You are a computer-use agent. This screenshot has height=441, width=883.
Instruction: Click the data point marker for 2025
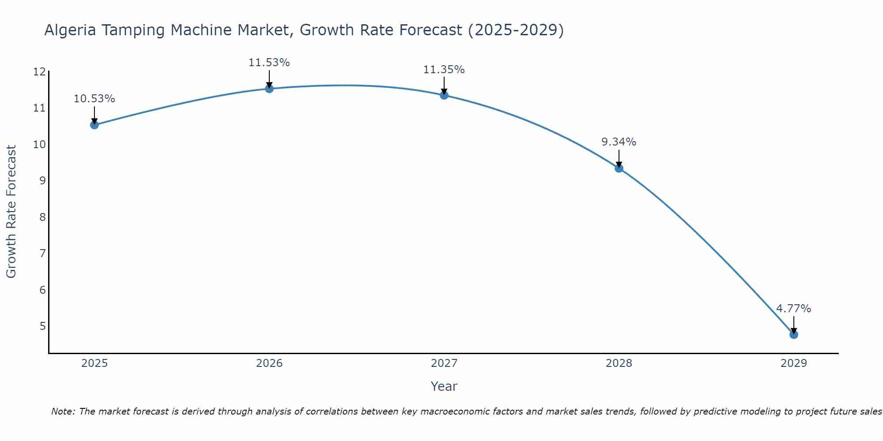point(94,125)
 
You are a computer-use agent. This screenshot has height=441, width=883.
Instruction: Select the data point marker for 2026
point(269,89)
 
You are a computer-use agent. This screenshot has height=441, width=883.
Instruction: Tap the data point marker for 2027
point(444,95)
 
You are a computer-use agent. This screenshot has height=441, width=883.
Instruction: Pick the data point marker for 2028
point(619,168)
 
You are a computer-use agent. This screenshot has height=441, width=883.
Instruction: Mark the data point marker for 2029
point(794,334)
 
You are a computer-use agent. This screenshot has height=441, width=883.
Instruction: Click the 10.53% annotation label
point(94,99)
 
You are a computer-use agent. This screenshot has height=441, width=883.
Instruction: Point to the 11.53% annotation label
point(269,63)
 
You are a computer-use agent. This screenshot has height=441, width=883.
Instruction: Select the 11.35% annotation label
point(444,70)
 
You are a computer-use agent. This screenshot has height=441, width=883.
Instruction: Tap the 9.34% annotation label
point(619,142)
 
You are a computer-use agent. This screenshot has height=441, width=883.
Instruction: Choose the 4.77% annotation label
point(794,309)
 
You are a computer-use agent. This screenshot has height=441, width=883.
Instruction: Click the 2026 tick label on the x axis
point(269,363)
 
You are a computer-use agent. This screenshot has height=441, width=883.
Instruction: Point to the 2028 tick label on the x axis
point(619,363)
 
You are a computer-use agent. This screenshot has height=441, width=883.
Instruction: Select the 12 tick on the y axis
point(39,72)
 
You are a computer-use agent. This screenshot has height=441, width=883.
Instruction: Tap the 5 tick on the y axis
point(42,326)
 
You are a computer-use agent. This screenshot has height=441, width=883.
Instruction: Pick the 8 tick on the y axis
point(42,217)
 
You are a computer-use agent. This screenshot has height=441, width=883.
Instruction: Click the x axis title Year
point(444,386)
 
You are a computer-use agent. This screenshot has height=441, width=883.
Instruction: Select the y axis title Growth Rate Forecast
point(11,212)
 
